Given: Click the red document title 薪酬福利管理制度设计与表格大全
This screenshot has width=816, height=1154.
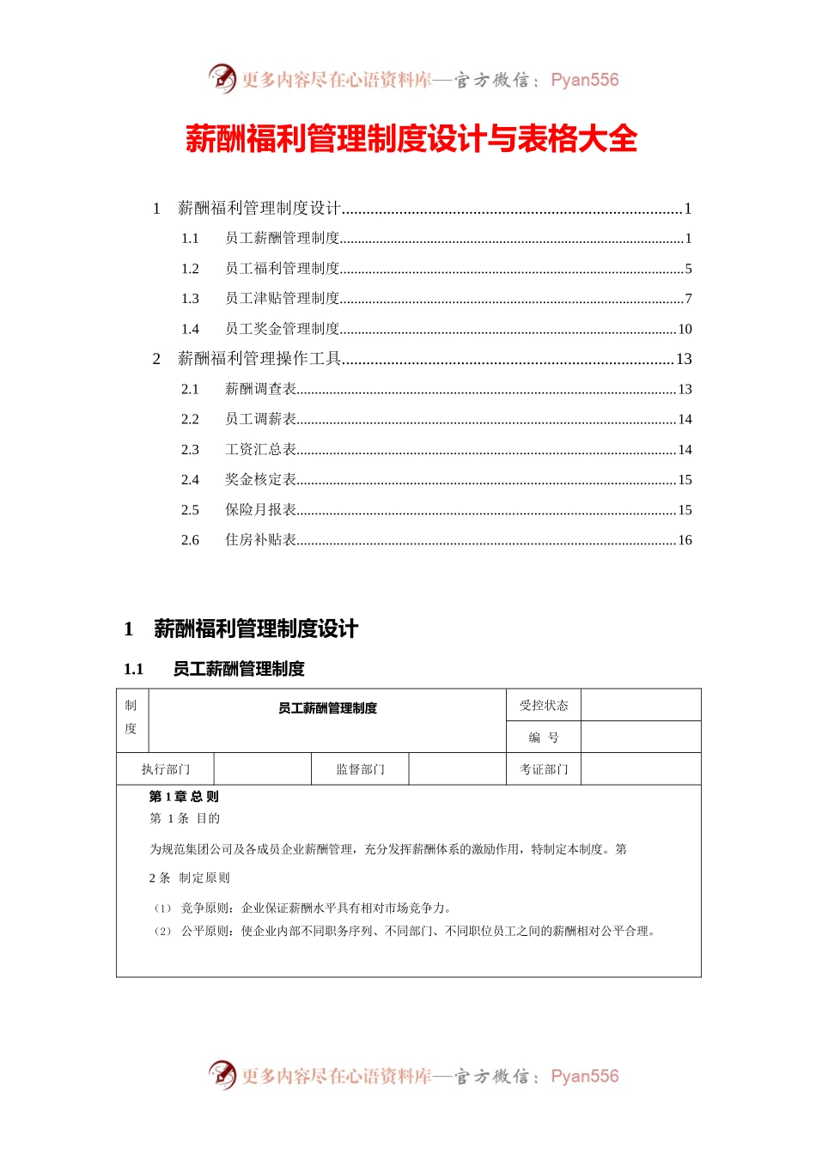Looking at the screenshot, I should click(x=411, y=139).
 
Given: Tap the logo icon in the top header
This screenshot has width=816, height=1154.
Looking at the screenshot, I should click(x=222, y=79).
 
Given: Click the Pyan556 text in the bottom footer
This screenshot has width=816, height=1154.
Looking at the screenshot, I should click(x=584, y=1076).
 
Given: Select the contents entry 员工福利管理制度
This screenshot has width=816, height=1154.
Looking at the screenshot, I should click(x=283, y=269).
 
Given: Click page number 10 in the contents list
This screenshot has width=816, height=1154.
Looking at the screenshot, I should click(x=685, y=329).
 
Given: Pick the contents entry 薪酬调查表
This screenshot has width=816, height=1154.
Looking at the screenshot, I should click(x=261, y=389).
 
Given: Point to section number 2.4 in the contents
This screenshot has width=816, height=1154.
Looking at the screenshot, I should click(x=190, y=480).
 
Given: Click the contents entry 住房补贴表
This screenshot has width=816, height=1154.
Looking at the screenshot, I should click(x=261, y=540).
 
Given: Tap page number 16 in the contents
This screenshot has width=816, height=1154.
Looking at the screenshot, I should click(x=685, y=540).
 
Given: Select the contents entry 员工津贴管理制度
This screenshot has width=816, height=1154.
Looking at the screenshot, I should click(x=283, y=299).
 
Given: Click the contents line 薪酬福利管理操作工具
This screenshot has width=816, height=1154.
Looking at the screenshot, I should click(x=259, y=359).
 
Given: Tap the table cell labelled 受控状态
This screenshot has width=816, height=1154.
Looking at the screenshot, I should click(x=544, y=705).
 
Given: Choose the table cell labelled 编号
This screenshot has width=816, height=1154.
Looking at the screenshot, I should click(x=544, y=738).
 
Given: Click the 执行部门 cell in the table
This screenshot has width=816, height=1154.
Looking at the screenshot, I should click(x=166, y=769).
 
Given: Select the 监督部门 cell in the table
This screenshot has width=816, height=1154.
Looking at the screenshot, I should click(x=360, y=769).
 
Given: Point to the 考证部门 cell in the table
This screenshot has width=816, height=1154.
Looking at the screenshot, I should click(x=544, y=769).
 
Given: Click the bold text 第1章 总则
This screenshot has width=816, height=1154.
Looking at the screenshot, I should click(x=184, y=797).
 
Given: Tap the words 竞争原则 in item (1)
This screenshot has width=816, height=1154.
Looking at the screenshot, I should click(x=204, y=908).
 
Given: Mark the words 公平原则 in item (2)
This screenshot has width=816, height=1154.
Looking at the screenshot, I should click(x=204, y=932).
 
